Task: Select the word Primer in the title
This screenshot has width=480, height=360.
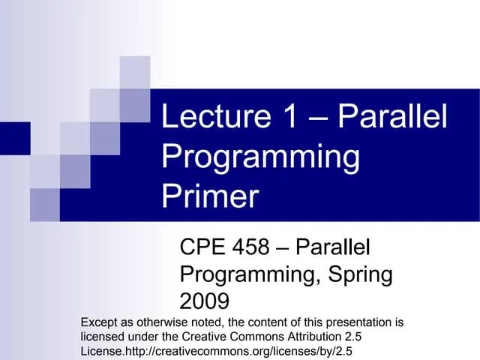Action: pos(210,197)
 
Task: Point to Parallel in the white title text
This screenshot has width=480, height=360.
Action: pos(392,118)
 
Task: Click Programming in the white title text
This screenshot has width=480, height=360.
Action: pos(260,158)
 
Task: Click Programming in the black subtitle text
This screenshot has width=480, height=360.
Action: pos(248,274)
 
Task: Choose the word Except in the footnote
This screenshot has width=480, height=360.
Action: pos(99,322)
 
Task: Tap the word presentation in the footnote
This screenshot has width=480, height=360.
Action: pos(352,322)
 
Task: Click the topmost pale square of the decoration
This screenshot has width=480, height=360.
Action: pos(135,72)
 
